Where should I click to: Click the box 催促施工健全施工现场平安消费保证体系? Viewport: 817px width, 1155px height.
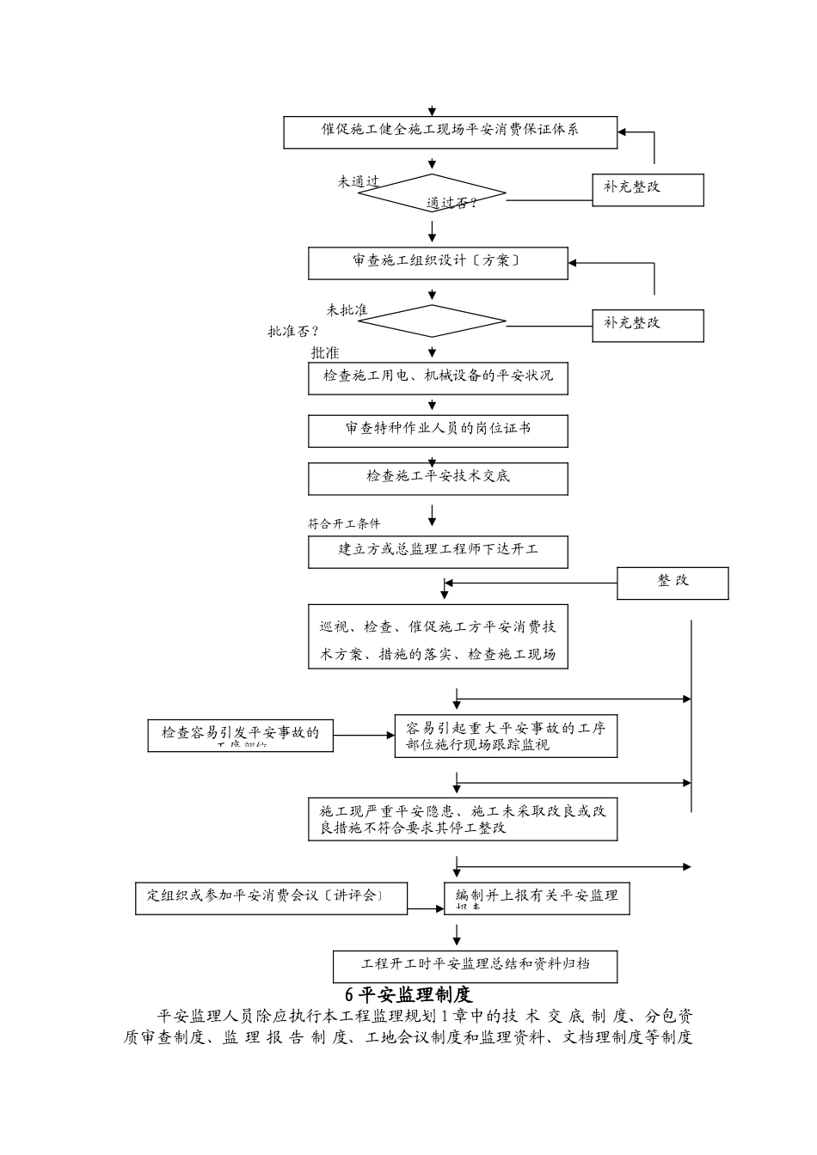450,131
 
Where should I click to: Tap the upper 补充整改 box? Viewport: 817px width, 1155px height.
648,189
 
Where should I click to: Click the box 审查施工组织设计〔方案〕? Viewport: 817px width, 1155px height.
438,263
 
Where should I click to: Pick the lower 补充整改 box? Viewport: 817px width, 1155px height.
648,325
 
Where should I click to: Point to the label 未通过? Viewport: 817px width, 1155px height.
359,182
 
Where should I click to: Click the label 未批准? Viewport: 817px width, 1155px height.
347,310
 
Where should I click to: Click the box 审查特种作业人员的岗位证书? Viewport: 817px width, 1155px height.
438,431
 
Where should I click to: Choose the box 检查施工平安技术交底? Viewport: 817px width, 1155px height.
438,479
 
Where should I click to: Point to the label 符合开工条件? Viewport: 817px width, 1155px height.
344,523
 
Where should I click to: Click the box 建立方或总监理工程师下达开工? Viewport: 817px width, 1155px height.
438,552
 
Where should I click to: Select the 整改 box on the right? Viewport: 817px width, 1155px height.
673,583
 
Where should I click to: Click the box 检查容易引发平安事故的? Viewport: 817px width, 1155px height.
240,735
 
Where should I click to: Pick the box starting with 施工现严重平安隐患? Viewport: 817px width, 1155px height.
463,819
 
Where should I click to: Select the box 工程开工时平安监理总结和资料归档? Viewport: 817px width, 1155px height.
476,965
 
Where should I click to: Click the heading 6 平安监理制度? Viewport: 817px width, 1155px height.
408,995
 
